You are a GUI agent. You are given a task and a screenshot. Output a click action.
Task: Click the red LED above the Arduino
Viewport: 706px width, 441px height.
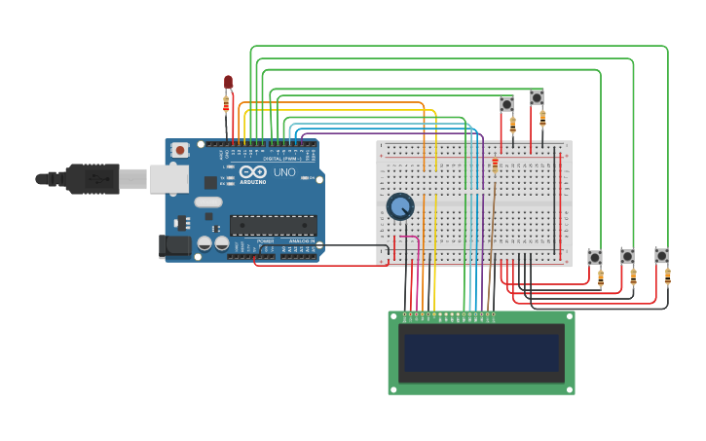pyautogui.click(x=228, y=83)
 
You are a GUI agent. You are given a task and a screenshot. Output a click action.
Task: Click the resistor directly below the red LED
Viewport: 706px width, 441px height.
pyautogui.click(x=227, y=103)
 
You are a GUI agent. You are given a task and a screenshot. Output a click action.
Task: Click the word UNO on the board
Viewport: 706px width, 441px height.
pyautogui.click(x=284, y=172)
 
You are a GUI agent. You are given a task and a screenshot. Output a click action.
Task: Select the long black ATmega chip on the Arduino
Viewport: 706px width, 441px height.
pyautogui.click(x=274, y=226)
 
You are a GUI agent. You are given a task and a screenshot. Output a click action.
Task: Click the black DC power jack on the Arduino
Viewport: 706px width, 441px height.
pyautogui.click(x=176, y=246)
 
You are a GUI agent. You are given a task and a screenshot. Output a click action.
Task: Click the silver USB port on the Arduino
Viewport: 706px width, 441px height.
pyautogui.click(x=168, y=178)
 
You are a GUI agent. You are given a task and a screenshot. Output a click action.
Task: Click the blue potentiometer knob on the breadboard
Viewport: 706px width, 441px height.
pyautogui.click(x=400, y=206)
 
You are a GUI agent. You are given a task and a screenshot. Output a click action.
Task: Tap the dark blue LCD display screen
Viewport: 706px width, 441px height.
pyautogui.click(x=482, y=352)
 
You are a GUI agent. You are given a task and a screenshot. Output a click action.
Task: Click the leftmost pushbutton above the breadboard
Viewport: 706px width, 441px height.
pyautogui.click(x=506, y=104)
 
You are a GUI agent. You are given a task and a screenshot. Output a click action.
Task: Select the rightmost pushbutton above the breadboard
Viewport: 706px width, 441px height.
pyautogui.click(x=537, y=98)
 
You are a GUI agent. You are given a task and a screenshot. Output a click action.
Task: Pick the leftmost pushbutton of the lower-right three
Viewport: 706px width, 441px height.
pyautogui.click(x=595, y=257)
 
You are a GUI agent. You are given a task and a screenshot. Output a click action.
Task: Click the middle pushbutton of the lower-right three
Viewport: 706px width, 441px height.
pyautogui.click(x=627, y=257)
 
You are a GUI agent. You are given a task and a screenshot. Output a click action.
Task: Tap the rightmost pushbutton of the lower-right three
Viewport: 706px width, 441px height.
pyautogui.click(x=662, y=256)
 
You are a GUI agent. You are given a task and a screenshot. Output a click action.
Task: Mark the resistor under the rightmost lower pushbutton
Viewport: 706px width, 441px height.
pyautogui.click(x=667, y=276)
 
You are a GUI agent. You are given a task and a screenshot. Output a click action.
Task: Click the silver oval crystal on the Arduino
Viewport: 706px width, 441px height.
pyautogui.click(x=208, y=202)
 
